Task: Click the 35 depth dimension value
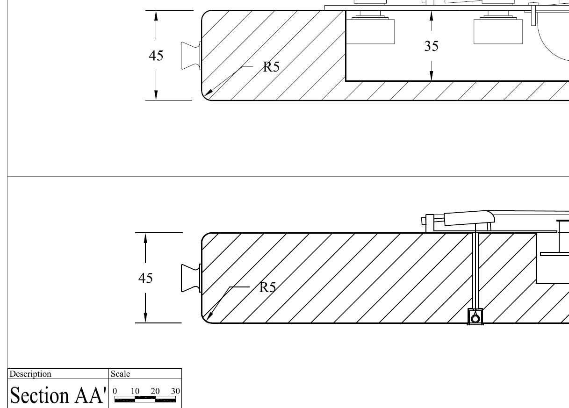pyautogui.click(x=432, y=46)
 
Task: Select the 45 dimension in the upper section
pyautogui.click(x=156, y=56)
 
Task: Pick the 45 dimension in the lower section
pyautogui.click(x=145, y=278)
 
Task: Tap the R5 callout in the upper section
pyautogui.click(x=271, y=67)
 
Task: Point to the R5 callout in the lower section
pyautogui.click(x=267, y=287)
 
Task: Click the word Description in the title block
pyautogui.click(x=30, y=374)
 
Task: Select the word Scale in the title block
pyautogui.click(x=120, y=374)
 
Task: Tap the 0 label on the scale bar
pyautogui.click(x=115, y=391)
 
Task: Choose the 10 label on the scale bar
pyautogui.click(x=135, y=391)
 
